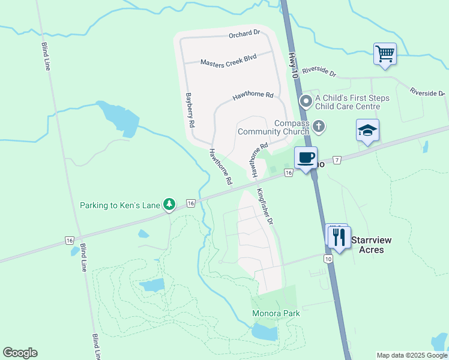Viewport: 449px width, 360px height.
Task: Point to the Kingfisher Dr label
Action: click(x=265, y=207)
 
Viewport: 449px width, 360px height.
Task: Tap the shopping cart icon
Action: click(x=384, y=53)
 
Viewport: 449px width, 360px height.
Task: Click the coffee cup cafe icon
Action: click(x=306, y=158)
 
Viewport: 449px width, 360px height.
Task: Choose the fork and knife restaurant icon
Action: click(x=339, y=237)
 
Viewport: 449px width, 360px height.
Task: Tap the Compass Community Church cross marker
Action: click(x=318, y=126)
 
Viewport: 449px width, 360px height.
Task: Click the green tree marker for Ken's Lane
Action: click(x=170, y=205)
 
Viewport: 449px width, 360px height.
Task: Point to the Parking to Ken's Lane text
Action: click(x=120, y=205)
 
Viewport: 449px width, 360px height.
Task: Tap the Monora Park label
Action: click(x=276, y=313)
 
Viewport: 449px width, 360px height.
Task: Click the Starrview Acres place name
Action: click(x=371, y=244)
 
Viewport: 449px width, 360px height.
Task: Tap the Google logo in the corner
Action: click(x=20, y=353)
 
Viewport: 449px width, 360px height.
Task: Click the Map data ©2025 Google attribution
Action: click(x=412, y=355)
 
